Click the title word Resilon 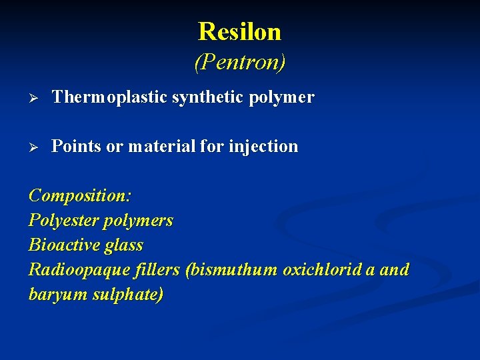click(239, 31)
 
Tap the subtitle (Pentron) click(239, 62)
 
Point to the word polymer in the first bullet click(281, 98)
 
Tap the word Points click(77, 146)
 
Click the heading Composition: click(80, 196)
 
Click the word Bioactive click(64, 245)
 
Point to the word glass click(123, 245)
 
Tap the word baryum click(54, 295)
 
